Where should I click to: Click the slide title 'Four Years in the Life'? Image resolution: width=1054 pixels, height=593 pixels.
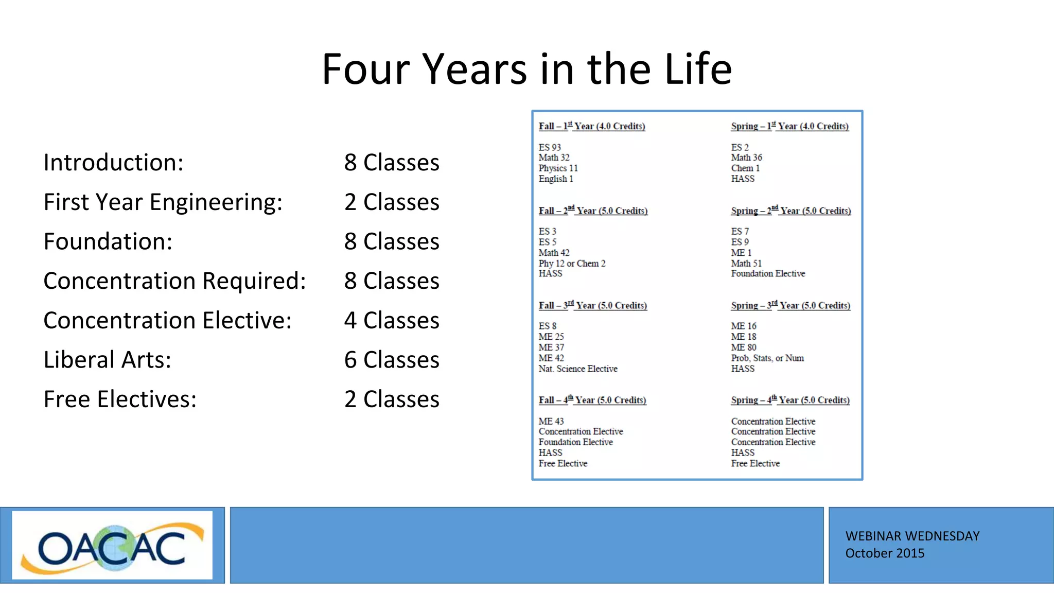(x=526, y=69)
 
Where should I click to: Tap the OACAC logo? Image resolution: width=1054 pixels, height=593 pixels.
(x=112, y=546)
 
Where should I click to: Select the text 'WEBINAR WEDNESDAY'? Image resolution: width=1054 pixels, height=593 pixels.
(x=912, y=536)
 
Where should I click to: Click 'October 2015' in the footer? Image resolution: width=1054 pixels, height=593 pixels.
(x=885, y=553)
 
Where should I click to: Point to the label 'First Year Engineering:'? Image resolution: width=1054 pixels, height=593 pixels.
(x=163, y=202)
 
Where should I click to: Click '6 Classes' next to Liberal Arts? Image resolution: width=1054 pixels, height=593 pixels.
(x=392, y=360)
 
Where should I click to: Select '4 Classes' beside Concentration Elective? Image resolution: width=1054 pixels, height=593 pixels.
(x=392, y=320)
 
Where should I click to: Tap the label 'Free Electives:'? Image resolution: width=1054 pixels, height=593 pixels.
(x=120, y=399)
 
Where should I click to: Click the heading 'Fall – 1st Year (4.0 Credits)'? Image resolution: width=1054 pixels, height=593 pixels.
(x=592, y=126)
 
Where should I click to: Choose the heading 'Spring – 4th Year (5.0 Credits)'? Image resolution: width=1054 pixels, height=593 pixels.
(x=790, y=400)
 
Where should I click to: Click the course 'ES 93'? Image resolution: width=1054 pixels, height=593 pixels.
(x=550, y=147)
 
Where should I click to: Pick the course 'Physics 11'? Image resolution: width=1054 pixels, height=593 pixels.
(x=558, y=168)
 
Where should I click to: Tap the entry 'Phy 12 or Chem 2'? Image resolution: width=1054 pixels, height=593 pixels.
(x=572, y=263)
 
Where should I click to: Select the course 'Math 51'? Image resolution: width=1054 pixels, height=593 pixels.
(x=746, y=263)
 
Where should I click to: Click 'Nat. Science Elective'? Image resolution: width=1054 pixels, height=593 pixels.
(x=578, y=369)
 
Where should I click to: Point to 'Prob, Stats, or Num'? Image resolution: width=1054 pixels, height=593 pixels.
(x=767, y=358)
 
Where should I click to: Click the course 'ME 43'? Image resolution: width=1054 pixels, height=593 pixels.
(x=551, y=421)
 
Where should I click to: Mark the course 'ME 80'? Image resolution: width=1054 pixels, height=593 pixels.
(x=744, y=347)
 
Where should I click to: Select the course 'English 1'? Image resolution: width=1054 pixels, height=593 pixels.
(x=556, y=179)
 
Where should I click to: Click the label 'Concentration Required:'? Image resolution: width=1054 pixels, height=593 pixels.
(x=174, y=281)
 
